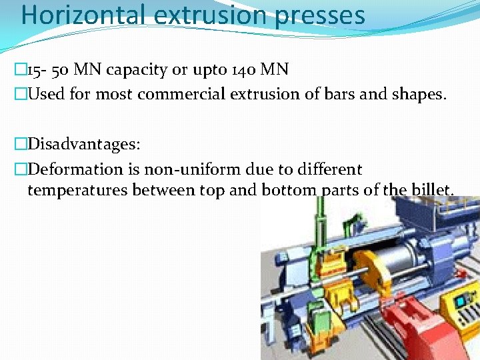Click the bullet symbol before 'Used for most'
point(19,94)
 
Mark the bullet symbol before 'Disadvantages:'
point(19,144)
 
